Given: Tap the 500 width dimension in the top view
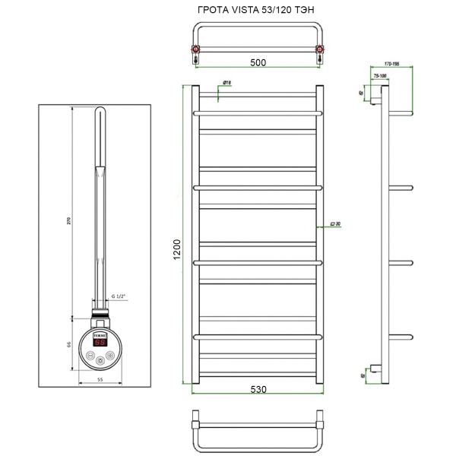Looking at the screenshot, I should click(259, 64).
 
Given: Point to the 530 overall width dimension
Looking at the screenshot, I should click(258, 388).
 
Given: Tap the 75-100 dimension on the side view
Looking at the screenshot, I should click(379, 76).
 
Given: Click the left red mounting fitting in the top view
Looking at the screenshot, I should click(195, 52).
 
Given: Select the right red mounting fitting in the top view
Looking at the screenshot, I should click(321, 52).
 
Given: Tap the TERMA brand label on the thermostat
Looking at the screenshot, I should click(100, 333).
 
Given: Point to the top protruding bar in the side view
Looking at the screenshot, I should click(401, 113).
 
